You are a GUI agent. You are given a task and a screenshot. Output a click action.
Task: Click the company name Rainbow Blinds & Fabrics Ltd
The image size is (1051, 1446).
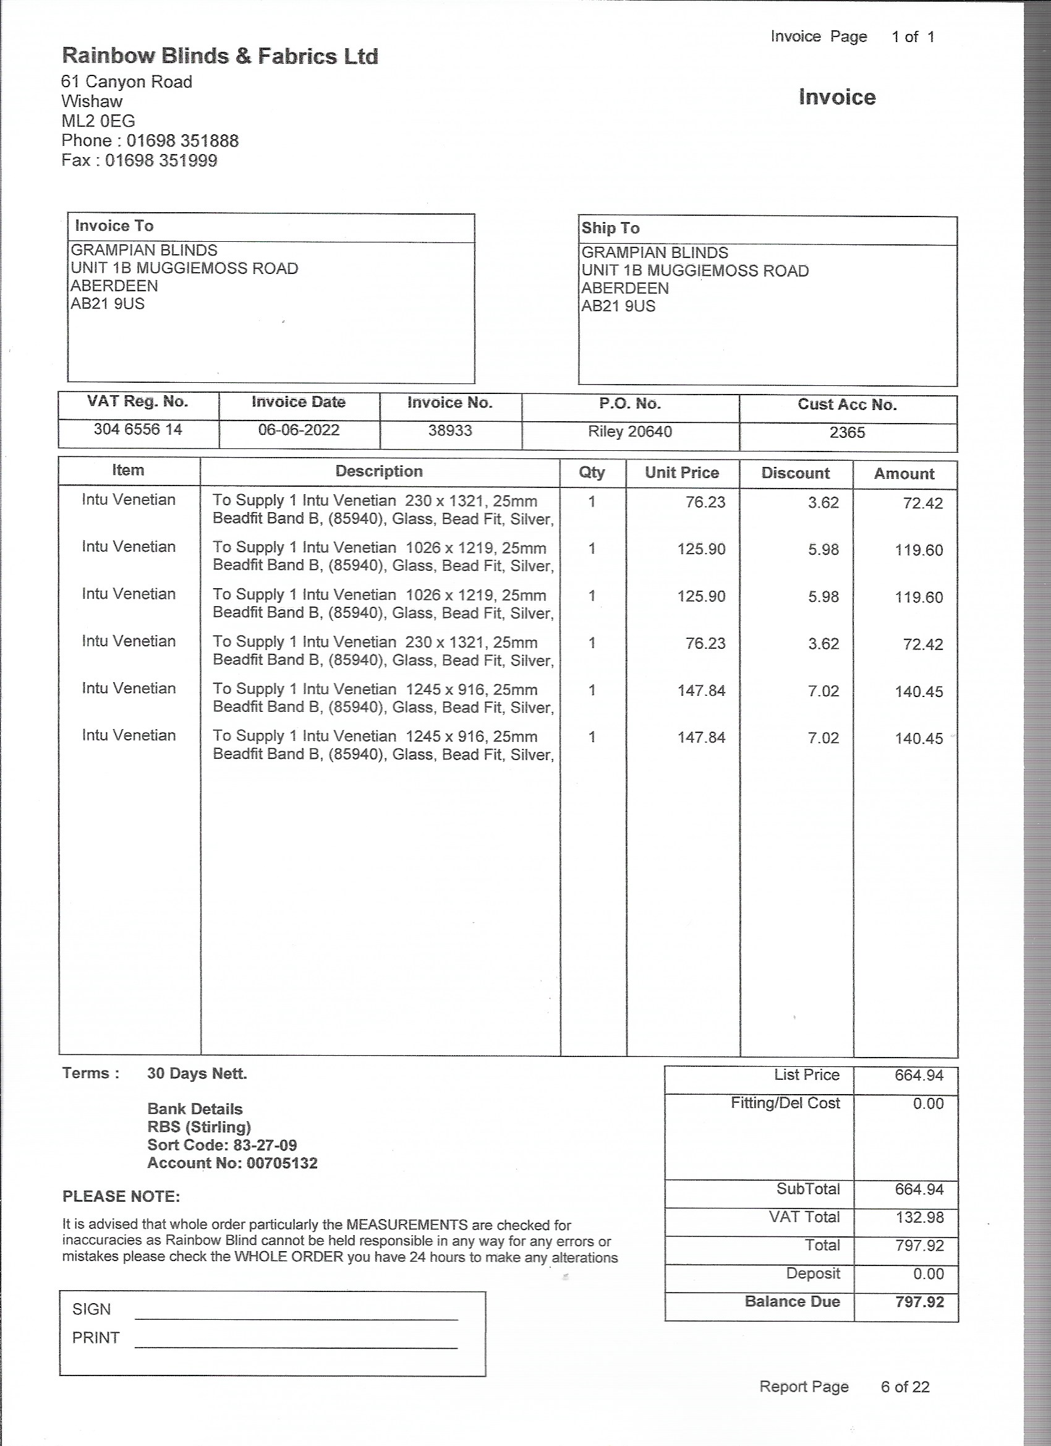point(220,57)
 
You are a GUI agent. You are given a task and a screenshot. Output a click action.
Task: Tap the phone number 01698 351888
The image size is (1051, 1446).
point(182,141)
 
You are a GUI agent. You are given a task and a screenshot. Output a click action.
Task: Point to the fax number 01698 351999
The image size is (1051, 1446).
point(161,161)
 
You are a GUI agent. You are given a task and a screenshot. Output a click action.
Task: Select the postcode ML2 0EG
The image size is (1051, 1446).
point(98,121)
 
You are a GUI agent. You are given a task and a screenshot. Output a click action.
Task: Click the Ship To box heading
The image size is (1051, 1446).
point(610,228)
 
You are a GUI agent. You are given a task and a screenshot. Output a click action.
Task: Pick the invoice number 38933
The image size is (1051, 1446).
point(450,431)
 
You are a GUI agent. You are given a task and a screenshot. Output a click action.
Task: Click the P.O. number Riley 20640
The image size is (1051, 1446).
point(630,432)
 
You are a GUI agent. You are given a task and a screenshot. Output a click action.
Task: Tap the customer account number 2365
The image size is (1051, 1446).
point(847,433)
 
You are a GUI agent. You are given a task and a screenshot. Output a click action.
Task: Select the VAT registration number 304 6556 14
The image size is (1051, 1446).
point(138,430)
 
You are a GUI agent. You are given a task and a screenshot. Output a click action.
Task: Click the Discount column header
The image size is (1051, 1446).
point(796,473)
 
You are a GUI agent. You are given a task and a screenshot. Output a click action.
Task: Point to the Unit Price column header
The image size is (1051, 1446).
point(681,473)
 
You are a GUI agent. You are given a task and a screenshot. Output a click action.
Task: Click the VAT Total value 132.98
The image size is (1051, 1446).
point(919,1217)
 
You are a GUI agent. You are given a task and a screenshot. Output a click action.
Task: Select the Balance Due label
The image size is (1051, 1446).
point(792,1301)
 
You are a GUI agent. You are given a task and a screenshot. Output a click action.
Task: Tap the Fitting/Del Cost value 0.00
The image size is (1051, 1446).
point(928,1103)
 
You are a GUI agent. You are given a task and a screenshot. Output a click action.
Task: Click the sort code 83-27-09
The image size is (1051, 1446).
point(262,1145)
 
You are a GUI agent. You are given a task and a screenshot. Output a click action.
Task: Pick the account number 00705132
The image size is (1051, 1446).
point(282,1163)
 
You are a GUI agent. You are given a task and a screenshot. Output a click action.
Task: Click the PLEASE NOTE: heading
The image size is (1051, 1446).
point(121,1197)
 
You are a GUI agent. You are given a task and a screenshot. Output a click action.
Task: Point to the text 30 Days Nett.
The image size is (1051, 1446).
point(197,1074)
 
